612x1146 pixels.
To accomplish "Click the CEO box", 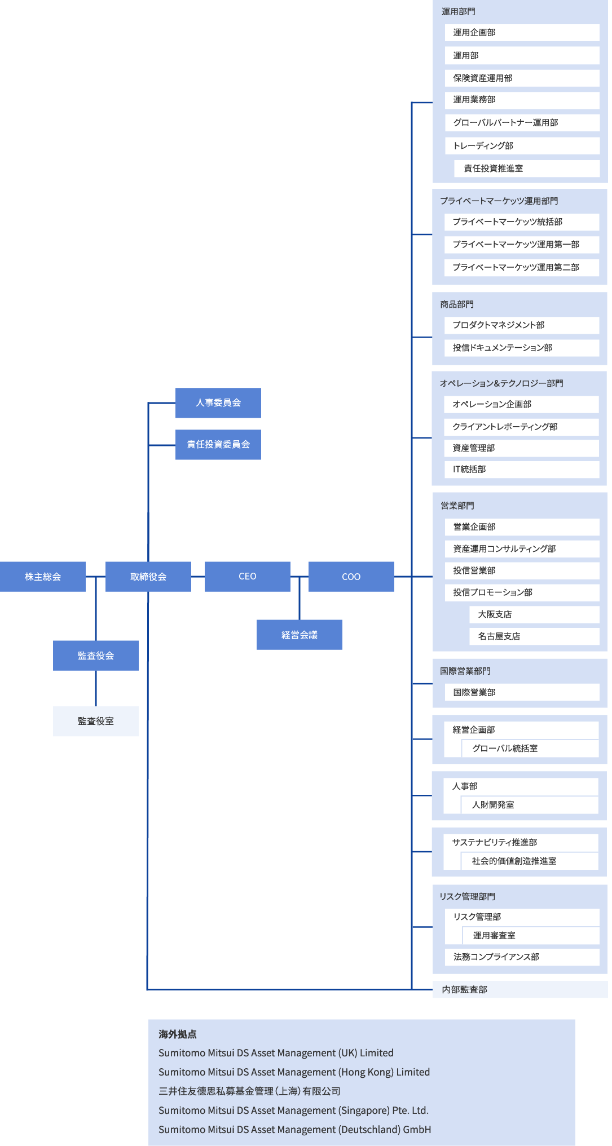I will (x=247, y=576).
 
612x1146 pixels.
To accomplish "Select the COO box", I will (x=351, y=576).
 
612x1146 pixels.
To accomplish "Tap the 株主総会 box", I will (x=43, y=576).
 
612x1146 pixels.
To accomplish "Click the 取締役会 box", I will (x=148, y=576).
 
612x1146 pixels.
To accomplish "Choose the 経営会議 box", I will (x=299, y=635).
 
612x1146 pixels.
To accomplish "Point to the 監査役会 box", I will (x=96, y=656).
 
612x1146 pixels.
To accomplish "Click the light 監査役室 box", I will (x=96, y=721).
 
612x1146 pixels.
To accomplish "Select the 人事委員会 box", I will (x=218, y=402).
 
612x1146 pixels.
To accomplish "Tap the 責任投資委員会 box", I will (x=218, y=444).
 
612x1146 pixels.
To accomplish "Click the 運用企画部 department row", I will (x=521, y=33).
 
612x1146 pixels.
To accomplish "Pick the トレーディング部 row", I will (x=521, y=145).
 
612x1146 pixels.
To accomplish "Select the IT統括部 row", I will (x=521, y=469).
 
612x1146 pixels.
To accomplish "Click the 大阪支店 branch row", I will (x=534, y=614).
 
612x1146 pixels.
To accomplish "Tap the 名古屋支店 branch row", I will (x=534, y=636).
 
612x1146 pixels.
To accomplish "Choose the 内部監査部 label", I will (x=465, y=989).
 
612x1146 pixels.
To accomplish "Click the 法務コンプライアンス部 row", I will (x=521, y=957).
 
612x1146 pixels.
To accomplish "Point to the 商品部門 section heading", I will (x=457, y=304).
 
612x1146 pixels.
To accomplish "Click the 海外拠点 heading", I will (x=178, y=1034).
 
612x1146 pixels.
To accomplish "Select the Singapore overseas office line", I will (x=293, y=1110).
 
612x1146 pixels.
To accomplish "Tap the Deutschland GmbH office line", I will (x=294, y=1130).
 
